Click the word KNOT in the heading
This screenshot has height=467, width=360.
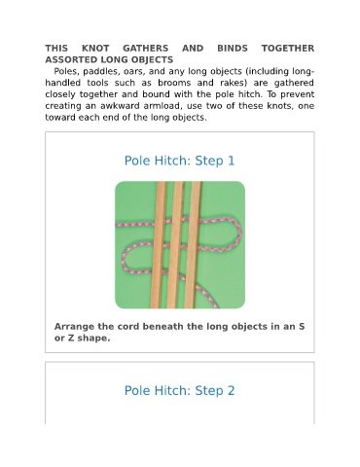click(95, 49)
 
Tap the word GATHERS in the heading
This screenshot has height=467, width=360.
click(146, 49)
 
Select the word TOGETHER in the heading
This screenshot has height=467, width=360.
click(288, 49)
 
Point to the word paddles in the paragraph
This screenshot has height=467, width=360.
click(96, 72)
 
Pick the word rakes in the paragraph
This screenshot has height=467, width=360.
click(234, 83)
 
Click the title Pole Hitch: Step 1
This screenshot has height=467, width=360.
click(180, 161)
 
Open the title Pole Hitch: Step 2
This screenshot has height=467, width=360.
click(180, 390)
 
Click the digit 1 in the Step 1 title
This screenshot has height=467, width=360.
click(232, 161)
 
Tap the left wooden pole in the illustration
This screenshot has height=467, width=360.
click(159, 245)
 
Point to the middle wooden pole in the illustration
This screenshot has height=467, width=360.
click(175, 245)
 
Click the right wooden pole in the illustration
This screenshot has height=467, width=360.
click(193, 245)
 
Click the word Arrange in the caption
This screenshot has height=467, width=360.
click(74, 327)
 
